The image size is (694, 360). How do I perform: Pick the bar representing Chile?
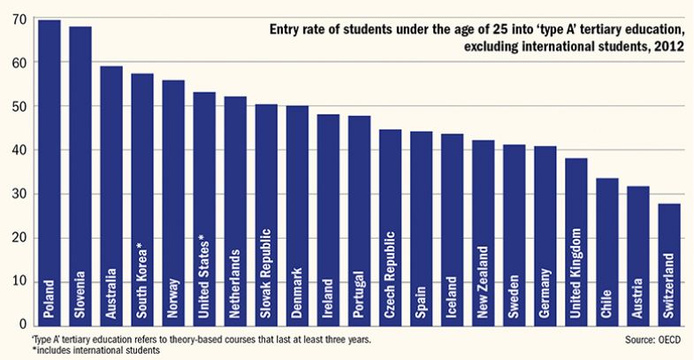(x=606, y=252)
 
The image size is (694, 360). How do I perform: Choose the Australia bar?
(x=111, y=195)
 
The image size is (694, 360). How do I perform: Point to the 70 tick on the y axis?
(x=17, y=19)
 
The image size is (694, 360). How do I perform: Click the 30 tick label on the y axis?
(x=17, y=195)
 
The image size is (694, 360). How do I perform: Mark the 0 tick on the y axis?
(x=20, y=326)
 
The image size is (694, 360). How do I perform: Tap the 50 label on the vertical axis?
(x=17, y=106)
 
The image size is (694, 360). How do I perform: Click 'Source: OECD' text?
(x=652, y=339)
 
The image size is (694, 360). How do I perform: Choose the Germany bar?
(x=545, y=235)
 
